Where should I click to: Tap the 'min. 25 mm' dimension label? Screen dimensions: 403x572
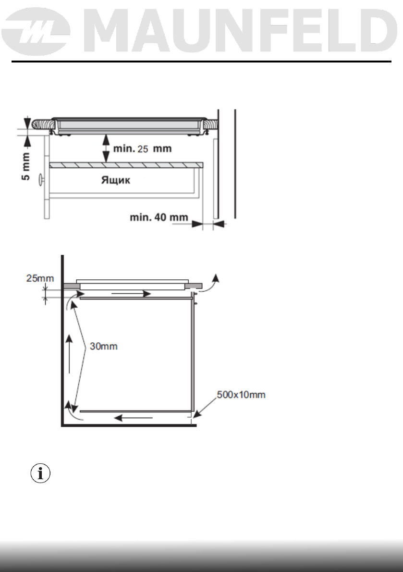tap(143, 149)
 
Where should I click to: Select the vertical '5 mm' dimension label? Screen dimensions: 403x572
tap(26, 166)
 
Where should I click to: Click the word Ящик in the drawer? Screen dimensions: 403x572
tap(115, 180)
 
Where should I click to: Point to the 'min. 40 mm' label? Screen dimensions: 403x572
tap(159, 217)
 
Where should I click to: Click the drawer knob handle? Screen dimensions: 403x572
tap(41, 179)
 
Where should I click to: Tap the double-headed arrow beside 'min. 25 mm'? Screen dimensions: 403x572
tap(106, 148)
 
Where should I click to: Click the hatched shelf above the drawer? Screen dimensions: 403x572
tap(126, 165)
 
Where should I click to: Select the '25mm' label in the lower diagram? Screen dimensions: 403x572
tap(40, 278)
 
